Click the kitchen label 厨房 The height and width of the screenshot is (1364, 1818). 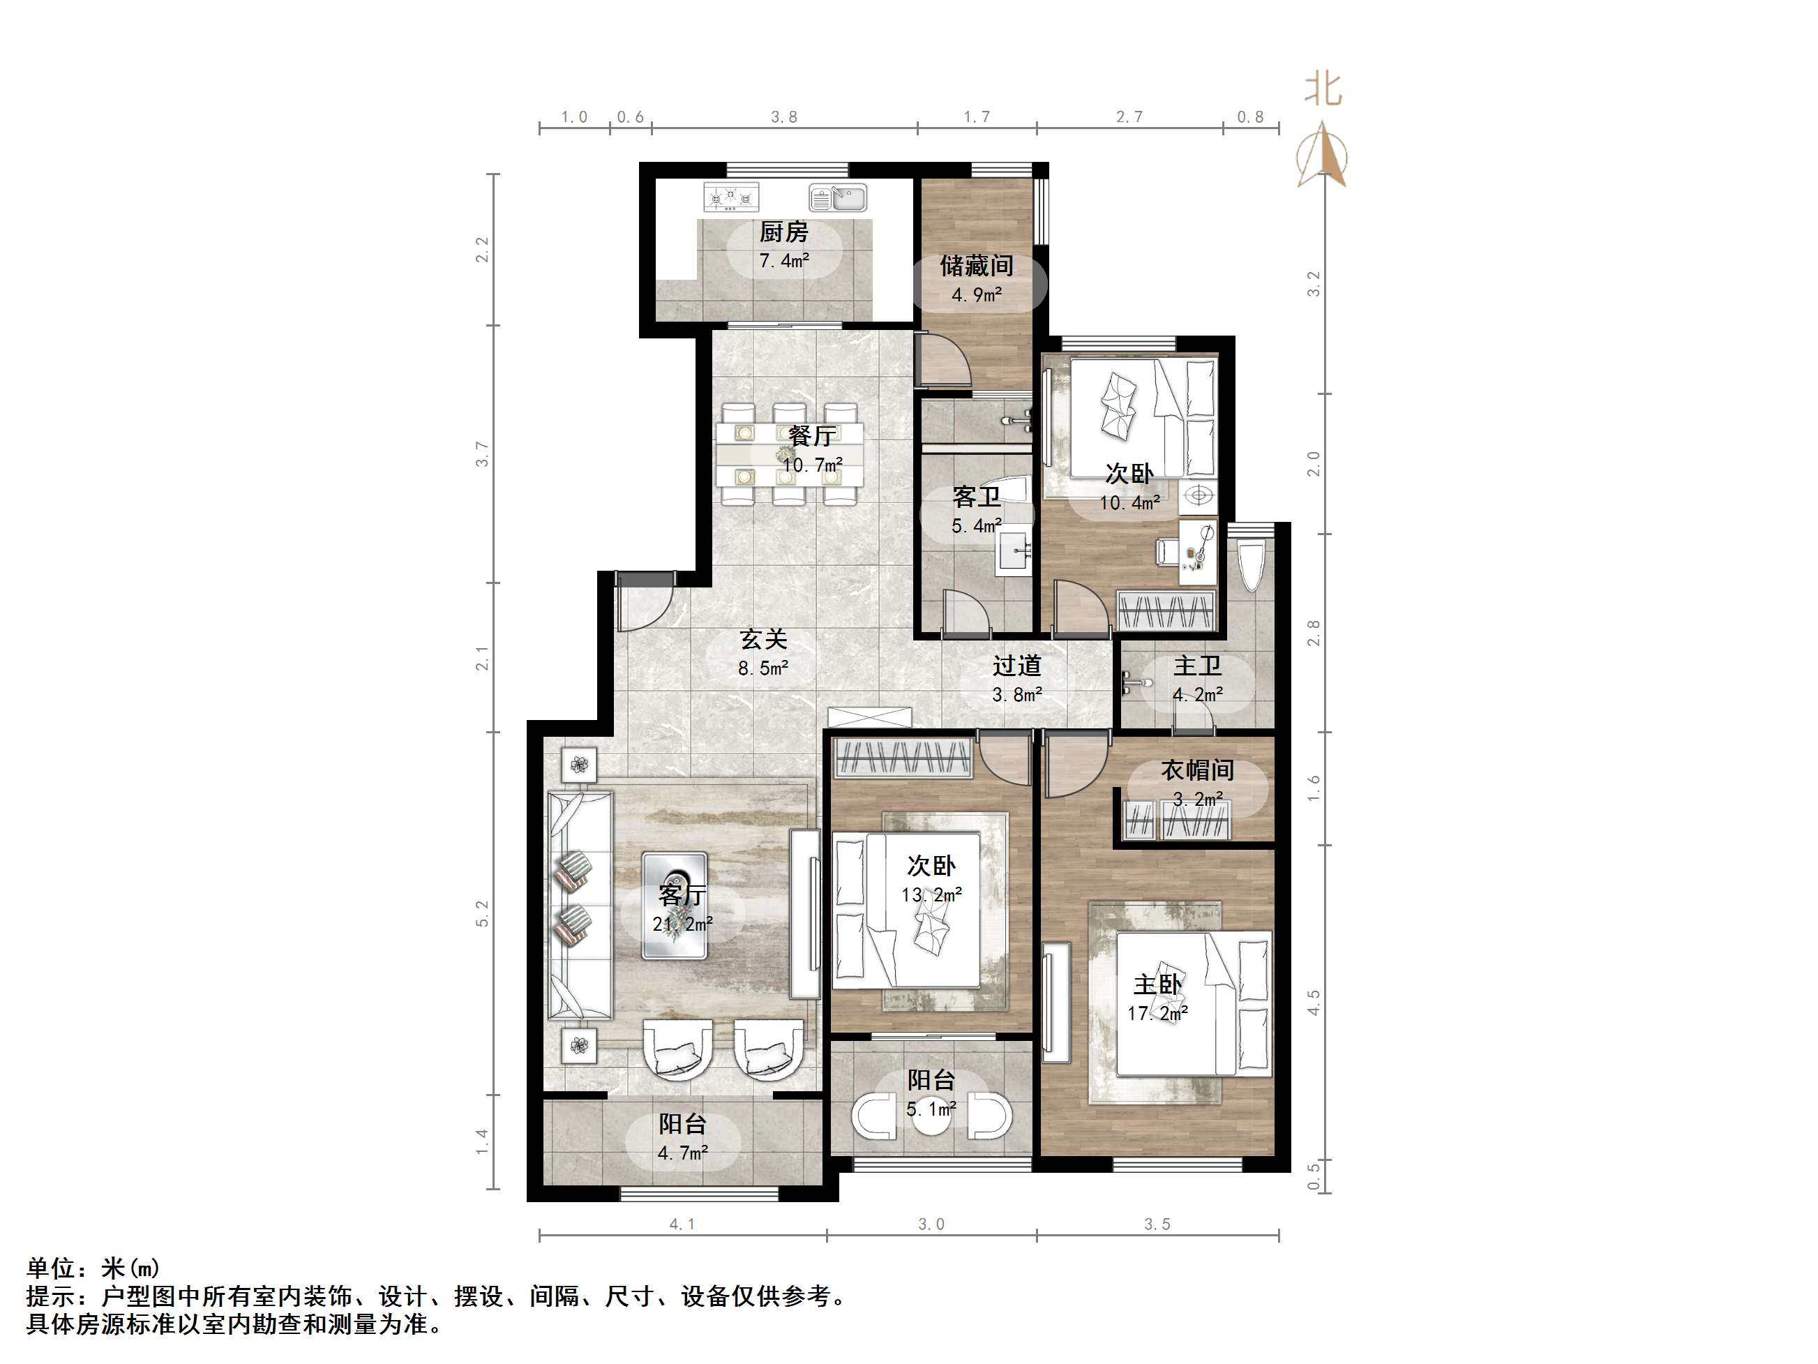[x=783, y=232]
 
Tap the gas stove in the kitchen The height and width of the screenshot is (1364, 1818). [x=730, y=197]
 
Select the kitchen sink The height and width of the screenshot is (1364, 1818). [x=838, y=198]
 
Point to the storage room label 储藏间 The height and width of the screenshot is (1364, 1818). [x=977, y=266]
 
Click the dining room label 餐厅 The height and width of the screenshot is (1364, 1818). [x=812, y=436]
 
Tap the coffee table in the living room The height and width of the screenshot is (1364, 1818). [x=674, y=905]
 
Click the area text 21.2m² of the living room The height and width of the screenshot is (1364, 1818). [x=682, y=924]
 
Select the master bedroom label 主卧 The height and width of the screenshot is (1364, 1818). [x=1157, y=984]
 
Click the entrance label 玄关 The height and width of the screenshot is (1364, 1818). [x=763, y=639]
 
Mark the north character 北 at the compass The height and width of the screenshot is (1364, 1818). [x=1323, y=89]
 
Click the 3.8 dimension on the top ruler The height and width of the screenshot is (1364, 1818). [x=783, y=117]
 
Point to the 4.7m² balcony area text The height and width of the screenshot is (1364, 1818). [x=682, y=1153]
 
